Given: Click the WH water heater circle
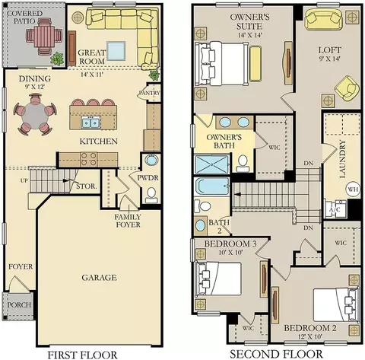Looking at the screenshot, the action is point(353,190).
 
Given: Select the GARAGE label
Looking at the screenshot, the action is point(99,278).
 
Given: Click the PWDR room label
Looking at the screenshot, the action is point(148,177).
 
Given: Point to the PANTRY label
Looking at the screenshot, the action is point(150,93).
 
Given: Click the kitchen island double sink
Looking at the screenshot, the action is point(90,123).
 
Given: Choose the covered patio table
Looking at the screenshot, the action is point(44,35).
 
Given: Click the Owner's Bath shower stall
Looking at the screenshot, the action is point(211,164).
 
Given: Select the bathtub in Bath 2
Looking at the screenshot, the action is point(211,186).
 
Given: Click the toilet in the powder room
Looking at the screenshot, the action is point(152,195).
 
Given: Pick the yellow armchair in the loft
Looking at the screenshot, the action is point(347,88).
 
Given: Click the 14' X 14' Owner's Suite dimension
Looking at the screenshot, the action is point(249,35).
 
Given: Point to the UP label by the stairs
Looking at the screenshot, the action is point(24,180).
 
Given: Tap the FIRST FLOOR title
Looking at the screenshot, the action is point(82,355).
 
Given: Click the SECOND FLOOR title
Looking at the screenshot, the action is point(276,354).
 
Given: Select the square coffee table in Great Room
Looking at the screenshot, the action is point(116,51).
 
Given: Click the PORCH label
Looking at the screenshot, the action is point(19,304).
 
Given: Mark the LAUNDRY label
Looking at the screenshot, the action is point(342,159).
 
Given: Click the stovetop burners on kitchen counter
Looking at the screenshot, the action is point(89,159).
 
